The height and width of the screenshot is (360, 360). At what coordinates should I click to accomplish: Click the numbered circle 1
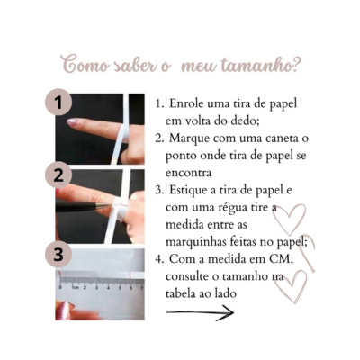[58, 102]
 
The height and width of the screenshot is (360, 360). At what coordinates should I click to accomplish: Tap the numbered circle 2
[58, 175]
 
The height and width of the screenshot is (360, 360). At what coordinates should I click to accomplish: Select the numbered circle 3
[58, 254]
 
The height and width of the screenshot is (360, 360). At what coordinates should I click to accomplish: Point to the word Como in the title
[85, 65]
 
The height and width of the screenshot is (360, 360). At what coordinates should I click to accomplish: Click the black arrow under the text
[200, 312]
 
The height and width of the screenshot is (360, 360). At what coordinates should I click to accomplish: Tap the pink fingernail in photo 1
[72, 121]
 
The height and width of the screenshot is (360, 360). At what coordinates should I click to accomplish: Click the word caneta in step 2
[282, 139]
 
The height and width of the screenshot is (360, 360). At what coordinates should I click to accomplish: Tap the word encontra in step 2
[188, 173]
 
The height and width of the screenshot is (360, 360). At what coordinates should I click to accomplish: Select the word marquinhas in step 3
[192, 242]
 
